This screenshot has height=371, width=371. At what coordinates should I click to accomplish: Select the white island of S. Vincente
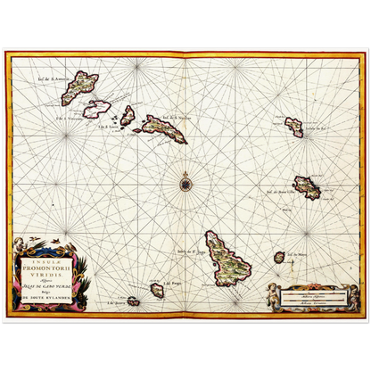pyautogui.click(x=96, y=109)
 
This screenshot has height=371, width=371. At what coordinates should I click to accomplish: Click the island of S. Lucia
pyautogui.click(x=128, y=115)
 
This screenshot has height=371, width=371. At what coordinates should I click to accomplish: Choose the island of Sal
pyautogui.click(x=294, y=127)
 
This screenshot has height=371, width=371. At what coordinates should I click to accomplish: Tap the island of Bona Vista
pyautogui.click(x=307, y=187)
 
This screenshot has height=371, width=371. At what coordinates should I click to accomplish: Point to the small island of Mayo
pyautogui.click(x=279, y=257)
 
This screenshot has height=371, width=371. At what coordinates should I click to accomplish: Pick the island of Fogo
pyautogui.click(x=157, y=290)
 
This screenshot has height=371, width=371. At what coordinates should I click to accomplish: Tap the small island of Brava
pyautogui.click(x=133, y=301)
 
